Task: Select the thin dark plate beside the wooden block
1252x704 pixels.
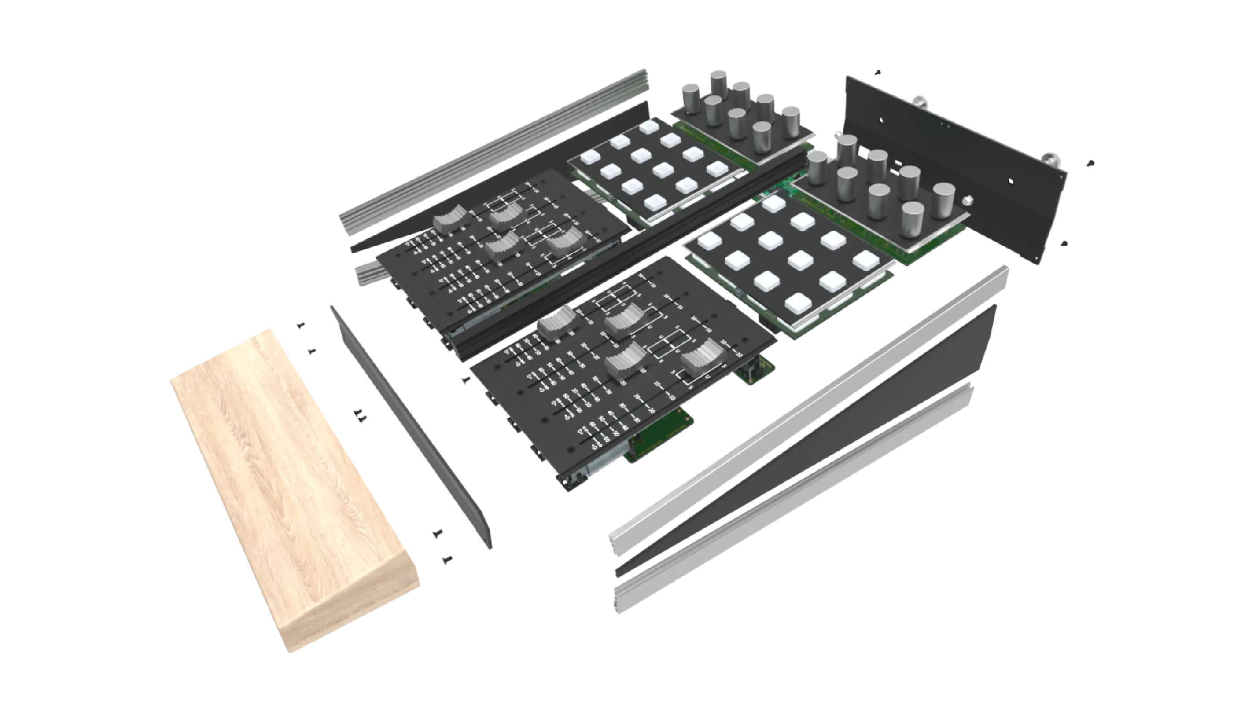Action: [411, 428]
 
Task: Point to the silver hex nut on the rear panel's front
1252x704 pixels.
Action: [968, 199]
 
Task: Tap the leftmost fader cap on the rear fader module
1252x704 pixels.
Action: [449, 220]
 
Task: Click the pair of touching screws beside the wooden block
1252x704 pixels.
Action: [361, 416]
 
